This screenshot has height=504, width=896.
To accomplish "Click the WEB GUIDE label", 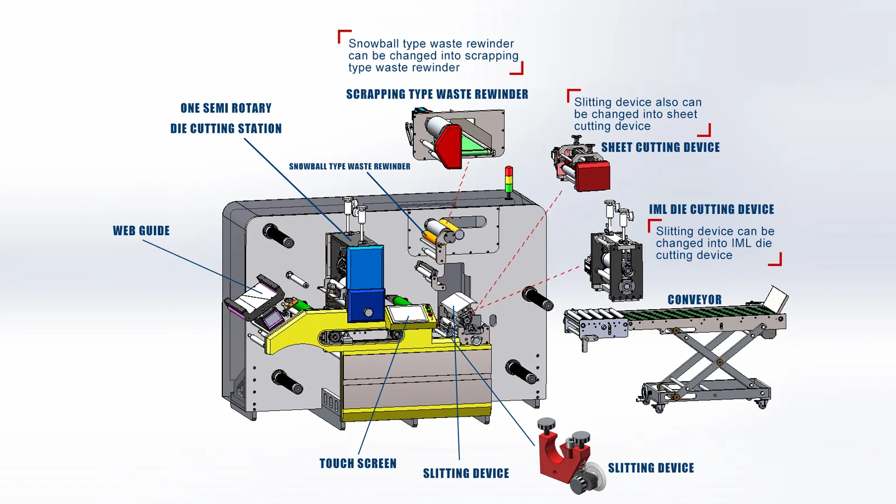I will pos(141,231).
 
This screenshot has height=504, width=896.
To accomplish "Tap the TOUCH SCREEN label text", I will pos(358,464).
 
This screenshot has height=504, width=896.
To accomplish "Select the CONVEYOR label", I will pos(694,300).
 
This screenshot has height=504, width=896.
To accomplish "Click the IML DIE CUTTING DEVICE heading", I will pos(711,209).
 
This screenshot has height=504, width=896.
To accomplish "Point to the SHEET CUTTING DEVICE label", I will pos(660,147).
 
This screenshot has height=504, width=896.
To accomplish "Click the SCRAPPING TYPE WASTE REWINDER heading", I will pos(437,94).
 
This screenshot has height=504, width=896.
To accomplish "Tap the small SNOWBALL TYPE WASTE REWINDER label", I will pos(349,166).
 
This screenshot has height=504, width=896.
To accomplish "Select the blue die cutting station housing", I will pos(365,280).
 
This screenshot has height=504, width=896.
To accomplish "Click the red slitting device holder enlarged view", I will pos(560,454).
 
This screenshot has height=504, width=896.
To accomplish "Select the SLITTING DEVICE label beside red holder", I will pos(651,468).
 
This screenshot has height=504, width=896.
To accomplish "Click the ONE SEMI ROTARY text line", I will pos(226,108).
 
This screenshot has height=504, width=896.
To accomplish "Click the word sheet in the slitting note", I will pos(682,114).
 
